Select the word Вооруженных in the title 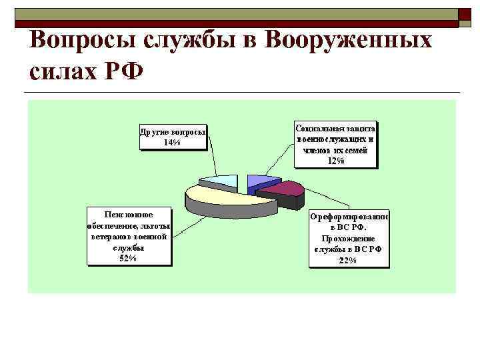pyautogui.click(x=349, y=41)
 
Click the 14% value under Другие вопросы pyautogui.click(x=172, y=142)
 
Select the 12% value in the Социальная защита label pyautogui.click(x=336, y=160)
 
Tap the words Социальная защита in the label pyautogui.click(x=336, y=128)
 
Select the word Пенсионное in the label pyautogui.click(x=129, y=215)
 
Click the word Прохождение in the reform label pyautogui.click(x=348, y=238)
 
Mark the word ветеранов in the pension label pyautogui.click(x=111, y=237)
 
